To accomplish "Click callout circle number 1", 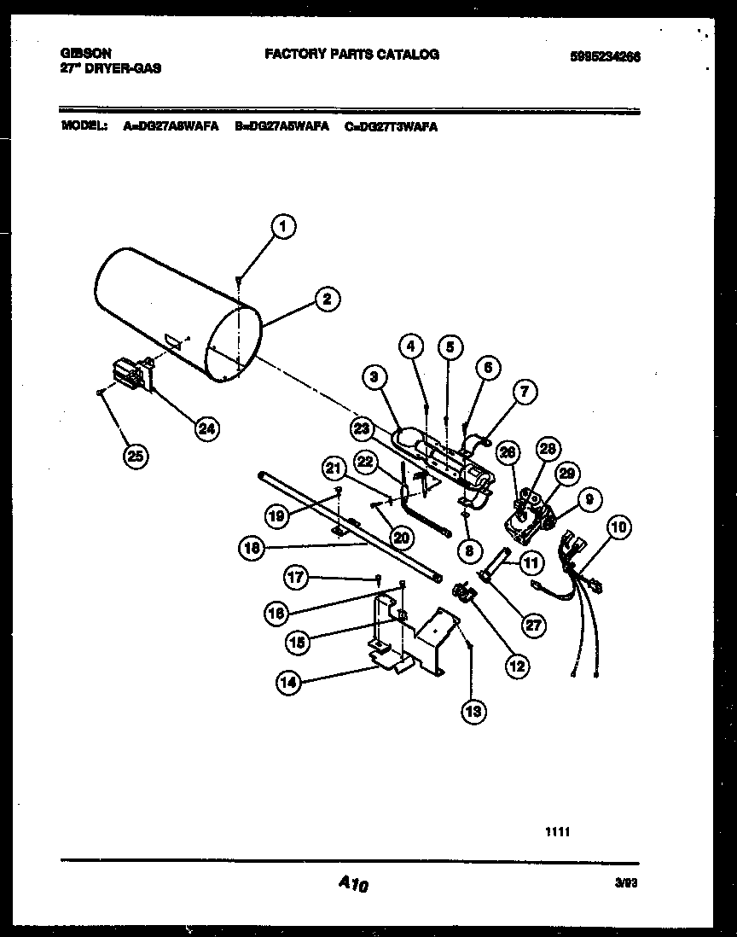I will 284,227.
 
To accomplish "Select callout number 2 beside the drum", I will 325,299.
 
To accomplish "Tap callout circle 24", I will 206,428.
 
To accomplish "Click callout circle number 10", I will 618,527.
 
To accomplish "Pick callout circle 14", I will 288,681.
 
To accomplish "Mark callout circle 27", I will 533,625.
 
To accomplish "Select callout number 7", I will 524,393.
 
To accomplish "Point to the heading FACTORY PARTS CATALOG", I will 351,54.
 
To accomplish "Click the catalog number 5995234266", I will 606,57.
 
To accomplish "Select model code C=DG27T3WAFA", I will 392,126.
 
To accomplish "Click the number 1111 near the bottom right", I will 556,827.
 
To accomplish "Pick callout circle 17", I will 295,578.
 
